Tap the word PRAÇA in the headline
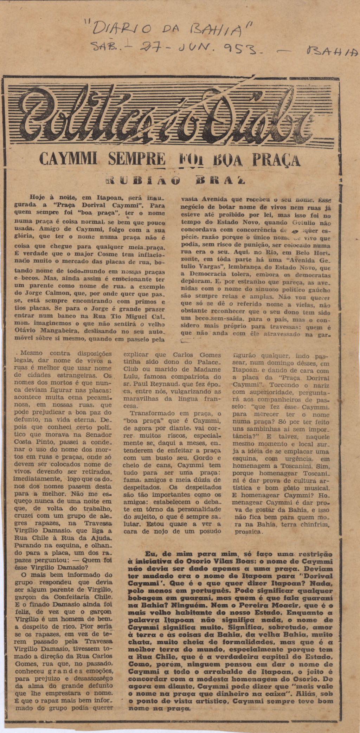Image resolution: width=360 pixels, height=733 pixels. click(275, 161)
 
